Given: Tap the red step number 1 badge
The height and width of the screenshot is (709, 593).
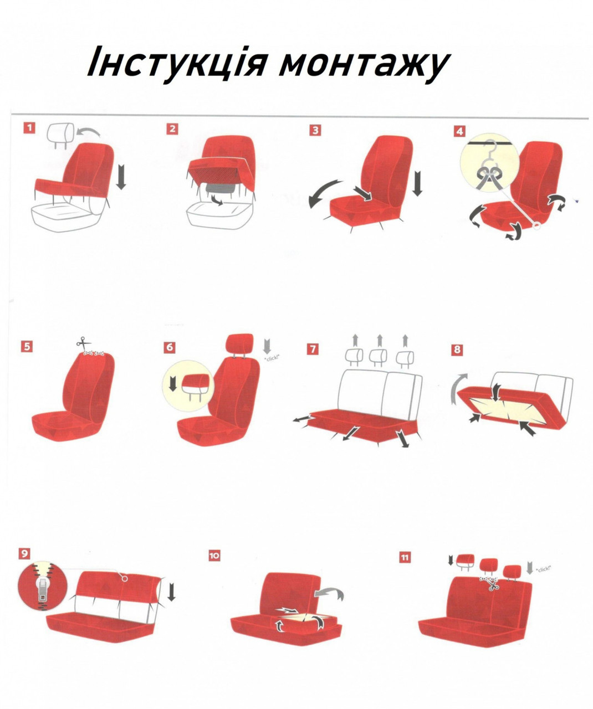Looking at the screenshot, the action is [x=29, y=128].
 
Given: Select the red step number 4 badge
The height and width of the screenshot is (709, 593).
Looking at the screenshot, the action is [x=459, y=131].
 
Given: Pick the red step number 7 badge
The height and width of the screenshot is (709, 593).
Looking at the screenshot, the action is [x=313, y=350].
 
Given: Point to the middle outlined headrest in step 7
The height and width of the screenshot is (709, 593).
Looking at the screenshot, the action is [x=378, y=357].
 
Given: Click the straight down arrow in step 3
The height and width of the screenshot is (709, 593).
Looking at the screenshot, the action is [x=417, y=184].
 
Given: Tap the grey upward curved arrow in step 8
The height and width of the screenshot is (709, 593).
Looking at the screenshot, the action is [x=457, y=389].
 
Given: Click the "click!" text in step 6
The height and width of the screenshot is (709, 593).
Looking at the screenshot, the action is [x=272, y=358].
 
